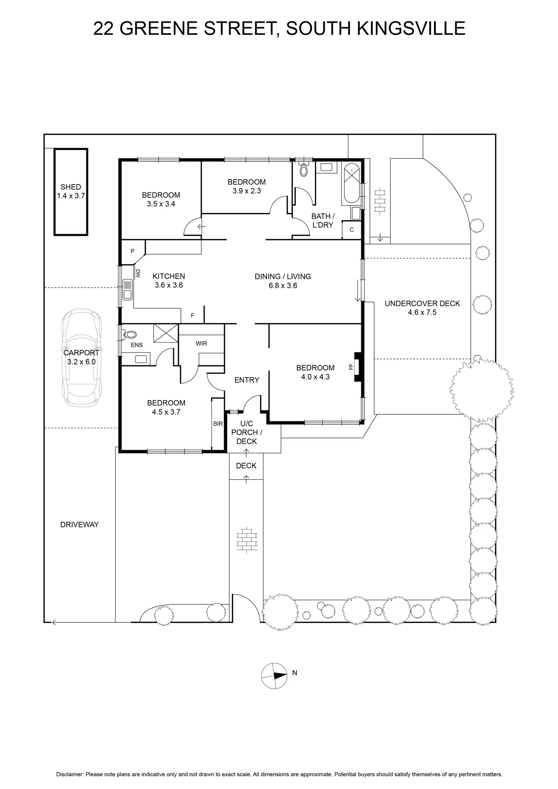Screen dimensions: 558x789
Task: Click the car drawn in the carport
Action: [x=82, y=358]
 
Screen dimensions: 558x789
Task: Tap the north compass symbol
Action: [x=274, y=676]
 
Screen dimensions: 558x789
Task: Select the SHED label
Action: [x=71, y=187]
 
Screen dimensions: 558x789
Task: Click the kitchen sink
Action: [x=128, y=289]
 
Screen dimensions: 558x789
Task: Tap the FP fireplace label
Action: [x=351, y=367]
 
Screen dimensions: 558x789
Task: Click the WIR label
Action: [x=201, y=343]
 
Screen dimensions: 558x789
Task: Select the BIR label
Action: [x=218, y=424]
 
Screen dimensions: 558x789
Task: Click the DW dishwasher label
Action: [x=138, y=274]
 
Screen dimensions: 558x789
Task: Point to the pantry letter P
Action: [x=132, y=251]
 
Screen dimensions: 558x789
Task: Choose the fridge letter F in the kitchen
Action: [x=193, y=315]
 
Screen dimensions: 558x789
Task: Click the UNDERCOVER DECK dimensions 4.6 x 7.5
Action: [x=422, y=312]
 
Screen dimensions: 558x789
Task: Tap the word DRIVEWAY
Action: [x=80, y=524]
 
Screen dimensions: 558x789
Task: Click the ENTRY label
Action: [x=247, y=380]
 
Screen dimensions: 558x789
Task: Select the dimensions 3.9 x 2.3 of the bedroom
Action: [x=247, y=191]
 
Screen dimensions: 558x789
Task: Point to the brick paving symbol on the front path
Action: [x=247, y=538]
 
